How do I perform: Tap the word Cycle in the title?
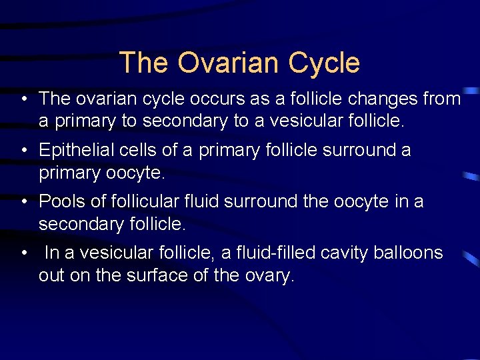325,63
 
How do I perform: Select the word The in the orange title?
144,63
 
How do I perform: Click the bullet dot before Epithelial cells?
23,151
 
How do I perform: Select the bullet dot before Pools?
23,201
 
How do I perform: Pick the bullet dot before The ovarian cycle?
23,100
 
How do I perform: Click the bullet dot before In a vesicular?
23,253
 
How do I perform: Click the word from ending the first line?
441,99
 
